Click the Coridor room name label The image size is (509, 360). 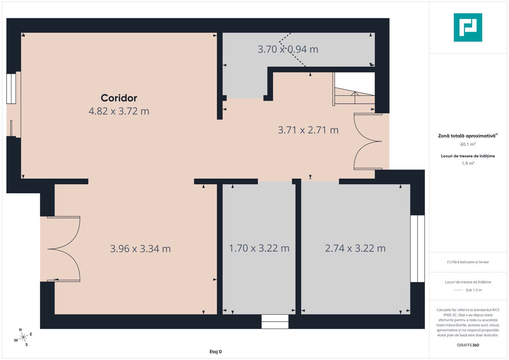(x=119, y=98)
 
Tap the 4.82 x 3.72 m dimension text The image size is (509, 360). (x=119, y=111)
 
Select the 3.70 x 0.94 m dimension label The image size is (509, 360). (x=288, y=49)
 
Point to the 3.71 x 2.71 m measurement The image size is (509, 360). (x=308, y=130)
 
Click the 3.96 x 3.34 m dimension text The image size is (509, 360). (x=140, y=249)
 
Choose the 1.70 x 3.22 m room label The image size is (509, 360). (x=259, y=248)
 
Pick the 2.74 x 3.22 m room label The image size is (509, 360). (x=355, y=248)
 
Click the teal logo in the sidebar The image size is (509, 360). (x=468, y=27)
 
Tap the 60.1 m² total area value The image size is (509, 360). (x=468, y=144)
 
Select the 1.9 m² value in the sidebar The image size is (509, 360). (x=468, y=163)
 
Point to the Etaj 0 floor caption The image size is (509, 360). (x=216, y=352)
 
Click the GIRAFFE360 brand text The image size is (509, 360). (x=468, y=345)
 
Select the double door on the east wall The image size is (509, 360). (x=368, y=142)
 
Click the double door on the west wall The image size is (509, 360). (x=63, y=249)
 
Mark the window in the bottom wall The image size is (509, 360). (x=275, y=322)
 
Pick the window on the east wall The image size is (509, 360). (x=417, y=249)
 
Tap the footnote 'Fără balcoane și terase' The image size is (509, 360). (x=468, y=262)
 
